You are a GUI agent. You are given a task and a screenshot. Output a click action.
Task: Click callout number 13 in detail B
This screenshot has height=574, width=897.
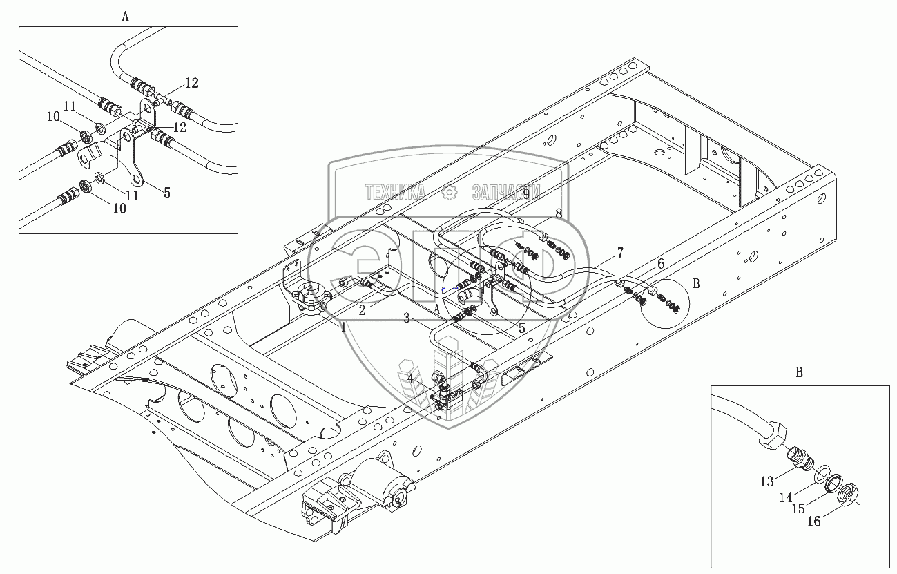(x=767, y=481)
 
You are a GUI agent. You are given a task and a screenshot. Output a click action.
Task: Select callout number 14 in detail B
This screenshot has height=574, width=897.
(x=786, y=497)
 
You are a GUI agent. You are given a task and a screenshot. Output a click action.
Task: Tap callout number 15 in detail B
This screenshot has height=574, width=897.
(x=798, y=508)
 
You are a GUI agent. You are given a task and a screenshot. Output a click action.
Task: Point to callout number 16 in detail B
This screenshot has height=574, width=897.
(x=814, y=521)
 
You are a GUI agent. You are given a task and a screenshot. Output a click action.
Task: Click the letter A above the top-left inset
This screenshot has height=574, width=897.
(x=126, y=17)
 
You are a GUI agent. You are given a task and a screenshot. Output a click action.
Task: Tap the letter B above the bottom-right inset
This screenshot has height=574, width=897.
(x=800, y=373)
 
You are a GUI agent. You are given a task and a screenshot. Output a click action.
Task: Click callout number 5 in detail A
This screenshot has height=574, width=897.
(x=167, y=193)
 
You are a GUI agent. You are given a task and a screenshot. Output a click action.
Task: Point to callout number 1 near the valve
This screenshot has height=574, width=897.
(x=343, y=327)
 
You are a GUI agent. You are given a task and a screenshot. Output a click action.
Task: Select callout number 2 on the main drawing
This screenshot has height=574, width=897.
(x=362, y=310)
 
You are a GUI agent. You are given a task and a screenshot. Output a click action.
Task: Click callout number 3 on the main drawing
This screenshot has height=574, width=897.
(x=407, y=318)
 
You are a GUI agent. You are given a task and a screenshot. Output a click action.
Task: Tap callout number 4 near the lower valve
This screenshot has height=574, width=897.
(x=410, y=378)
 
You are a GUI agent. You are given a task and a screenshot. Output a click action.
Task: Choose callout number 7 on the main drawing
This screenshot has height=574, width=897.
(x=620, y=253)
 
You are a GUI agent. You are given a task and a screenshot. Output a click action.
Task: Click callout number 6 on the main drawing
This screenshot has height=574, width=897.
(x=661, y=264)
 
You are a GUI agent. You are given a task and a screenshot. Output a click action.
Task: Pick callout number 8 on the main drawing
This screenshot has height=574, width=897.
(x=559, y=213)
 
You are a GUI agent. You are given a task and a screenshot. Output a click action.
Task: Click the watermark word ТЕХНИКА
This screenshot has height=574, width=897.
(x=395, y=193)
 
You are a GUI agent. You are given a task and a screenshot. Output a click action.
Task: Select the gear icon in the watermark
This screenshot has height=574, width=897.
(x=450, y=193)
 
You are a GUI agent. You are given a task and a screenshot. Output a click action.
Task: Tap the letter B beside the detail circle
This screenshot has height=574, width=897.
(x=696, y=284)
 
